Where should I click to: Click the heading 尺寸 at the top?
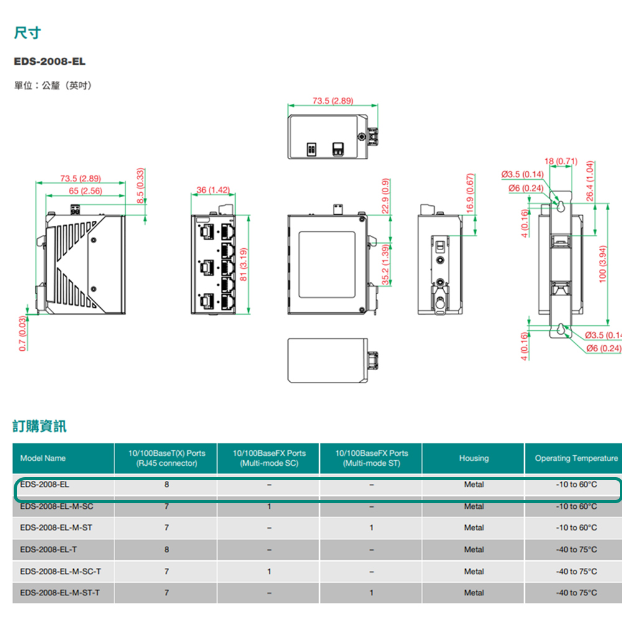(27, 33)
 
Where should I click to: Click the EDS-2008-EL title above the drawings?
(50, 62)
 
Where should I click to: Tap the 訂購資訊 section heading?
(40, 426)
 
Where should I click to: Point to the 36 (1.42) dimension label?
(213, 189)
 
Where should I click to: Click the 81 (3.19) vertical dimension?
(244, 264)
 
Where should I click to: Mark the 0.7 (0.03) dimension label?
(23, 333)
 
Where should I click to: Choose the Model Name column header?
(43, 458)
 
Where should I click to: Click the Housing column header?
(473, 458)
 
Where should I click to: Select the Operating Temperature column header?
(576, 458)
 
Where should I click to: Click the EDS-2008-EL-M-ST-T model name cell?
(60, 593)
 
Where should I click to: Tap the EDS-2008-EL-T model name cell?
(49, 549)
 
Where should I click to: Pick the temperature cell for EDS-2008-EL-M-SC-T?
(576, 571)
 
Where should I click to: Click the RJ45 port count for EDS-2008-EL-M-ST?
(166, 527)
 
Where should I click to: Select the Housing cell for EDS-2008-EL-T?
(473, 549)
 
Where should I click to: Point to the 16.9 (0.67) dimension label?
(470, 194)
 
